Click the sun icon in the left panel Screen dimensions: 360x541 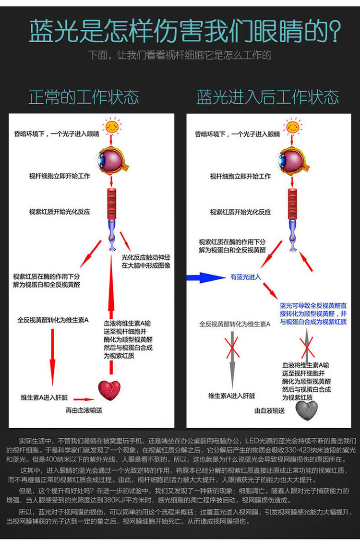click(x=111, y=127)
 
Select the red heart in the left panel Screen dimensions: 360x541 click(x=109, y=390)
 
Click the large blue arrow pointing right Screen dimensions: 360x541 click(x=204, y=277)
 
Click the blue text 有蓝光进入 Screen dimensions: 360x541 click(x=246, y=277)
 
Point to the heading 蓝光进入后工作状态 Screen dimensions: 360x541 click(x=267, y=97)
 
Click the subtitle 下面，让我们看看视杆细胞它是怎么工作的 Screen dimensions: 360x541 click(x=180, y=55)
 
